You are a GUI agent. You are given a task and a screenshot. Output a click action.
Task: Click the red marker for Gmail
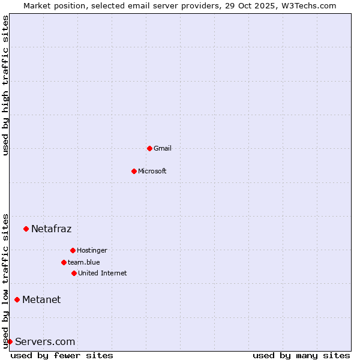(149, 148)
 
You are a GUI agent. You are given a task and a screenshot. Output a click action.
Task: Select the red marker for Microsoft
(134, 171)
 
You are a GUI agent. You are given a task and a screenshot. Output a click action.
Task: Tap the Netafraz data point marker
(26, 229)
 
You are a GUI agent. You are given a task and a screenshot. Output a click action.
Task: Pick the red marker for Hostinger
(73, 250)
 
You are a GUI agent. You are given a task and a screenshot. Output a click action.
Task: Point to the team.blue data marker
(64, 262)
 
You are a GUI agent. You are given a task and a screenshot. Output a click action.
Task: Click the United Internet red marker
(74, 273)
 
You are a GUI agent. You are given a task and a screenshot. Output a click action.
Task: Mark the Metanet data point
(17, 299)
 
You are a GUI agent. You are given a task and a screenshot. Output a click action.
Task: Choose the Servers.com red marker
(10, 341)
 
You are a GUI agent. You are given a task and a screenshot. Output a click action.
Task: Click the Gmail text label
(163, 148)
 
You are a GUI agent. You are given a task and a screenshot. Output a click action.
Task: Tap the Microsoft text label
(152, 171)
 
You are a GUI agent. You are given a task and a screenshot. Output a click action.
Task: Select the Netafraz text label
(51, 229)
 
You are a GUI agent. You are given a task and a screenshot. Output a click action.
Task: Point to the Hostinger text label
(92, 250)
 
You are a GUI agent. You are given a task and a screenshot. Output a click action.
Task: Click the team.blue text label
(84, 262)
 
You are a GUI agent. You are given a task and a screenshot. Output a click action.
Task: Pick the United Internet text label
(103, 273)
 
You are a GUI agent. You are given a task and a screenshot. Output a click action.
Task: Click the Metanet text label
(41, 299)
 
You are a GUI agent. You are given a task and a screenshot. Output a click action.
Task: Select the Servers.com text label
(45, 341)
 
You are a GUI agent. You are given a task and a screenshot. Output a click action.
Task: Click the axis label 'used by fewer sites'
(62, 355)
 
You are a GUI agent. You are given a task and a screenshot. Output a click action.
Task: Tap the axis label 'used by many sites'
(301, 355)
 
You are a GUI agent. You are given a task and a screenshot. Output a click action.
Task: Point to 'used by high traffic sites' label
(5, 86)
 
